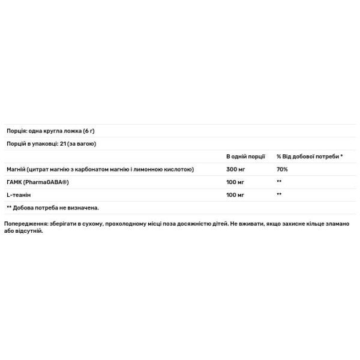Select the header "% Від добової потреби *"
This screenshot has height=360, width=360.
pyautogui.click(x=310, y=157)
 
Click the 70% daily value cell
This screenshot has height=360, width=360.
pyautogui.click(x=282, y=169)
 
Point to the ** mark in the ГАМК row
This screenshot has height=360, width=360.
pyautogui.click(x=279, y=182)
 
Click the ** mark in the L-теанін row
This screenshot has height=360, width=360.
pyautogui.click(x=279, y=194)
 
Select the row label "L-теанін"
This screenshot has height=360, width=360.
pyautogui.click(x=19, y=194)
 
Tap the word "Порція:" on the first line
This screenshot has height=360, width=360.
pyautogui.click(x=17, y=131)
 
